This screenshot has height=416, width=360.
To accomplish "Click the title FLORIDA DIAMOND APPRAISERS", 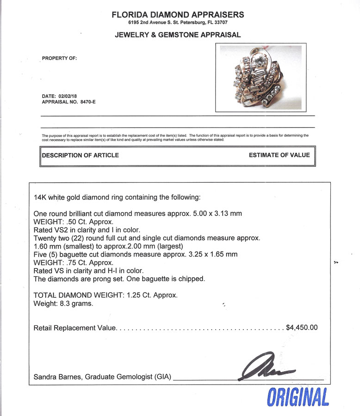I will [178, 15].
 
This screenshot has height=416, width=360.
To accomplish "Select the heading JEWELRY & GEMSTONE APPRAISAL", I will [178, 35].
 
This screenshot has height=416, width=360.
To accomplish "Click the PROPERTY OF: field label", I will [60, 58].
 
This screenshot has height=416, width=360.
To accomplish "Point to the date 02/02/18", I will [69, 96].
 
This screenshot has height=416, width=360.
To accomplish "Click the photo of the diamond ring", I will [261, 77].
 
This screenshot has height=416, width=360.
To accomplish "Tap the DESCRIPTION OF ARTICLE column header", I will [81, 155].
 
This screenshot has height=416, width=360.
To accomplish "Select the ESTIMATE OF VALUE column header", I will [279, 155].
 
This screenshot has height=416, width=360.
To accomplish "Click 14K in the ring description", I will [41, 197].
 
